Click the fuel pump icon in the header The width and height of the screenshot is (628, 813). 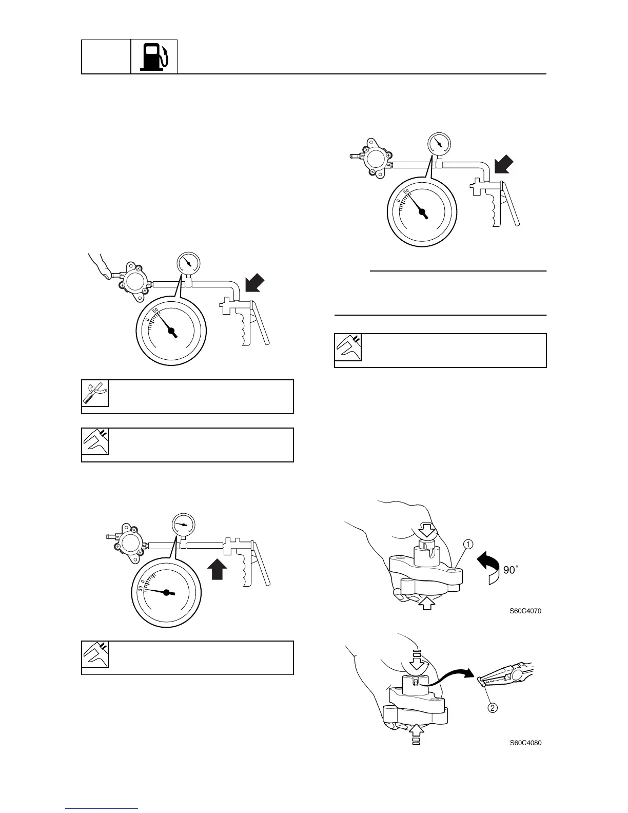coord(154,56)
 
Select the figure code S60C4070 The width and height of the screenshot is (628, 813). coord(525,611)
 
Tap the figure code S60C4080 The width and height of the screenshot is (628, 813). coord(525,743)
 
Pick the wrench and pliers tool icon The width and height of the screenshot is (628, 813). coord(95,394)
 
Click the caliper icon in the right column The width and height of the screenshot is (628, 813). coord(348,347)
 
